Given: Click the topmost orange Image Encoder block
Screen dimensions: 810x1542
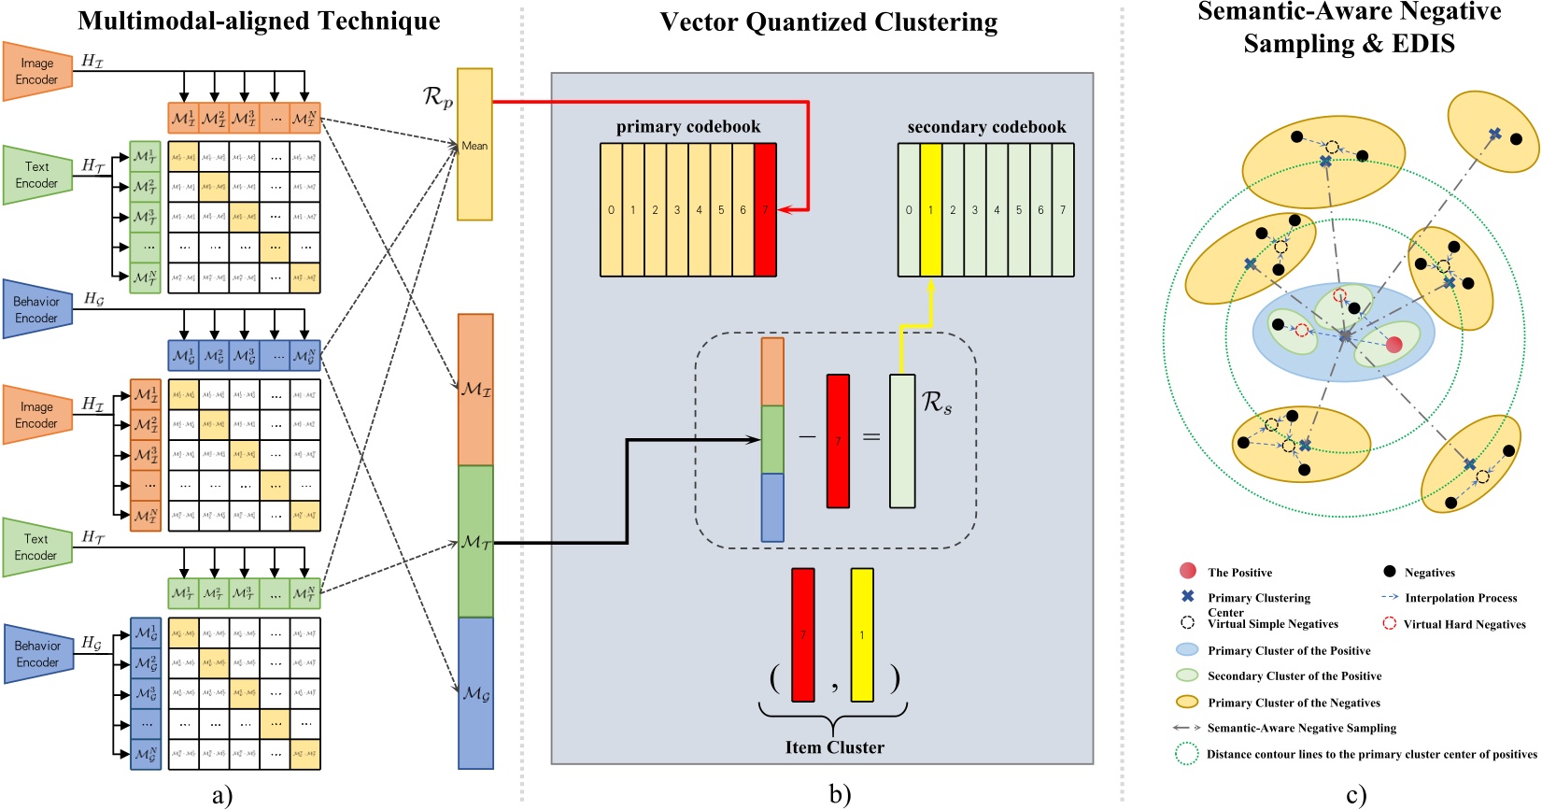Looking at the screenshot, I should tap(37, 71).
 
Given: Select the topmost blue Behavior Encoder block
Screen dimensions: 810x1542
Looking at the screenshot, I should tap(37, 309).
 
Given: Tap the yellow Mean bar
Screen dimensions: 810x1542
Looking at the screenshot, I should tap(474, 145).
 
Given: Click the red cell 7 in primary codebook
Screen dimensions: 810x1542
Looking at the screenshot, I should tap(765, 210).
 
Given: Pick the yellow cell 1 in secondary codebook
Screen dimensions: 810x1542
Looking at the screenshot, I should tap(930, 210).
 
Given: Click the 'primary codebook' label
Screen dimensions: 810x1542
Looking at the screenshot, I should tap(688, 127).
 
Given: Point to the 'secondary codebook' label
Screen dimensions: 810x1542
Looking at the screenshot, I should tap(986, 127).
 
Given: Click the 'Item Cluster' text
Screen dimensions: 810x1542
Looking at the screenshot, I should tap(834, 747).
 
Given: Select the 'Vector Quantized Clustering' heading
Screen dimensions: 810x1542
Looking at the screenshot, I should tap(828, 22).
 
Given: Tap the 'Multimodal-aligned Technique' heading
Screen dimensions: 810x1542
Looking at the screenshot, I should tap(259, 21).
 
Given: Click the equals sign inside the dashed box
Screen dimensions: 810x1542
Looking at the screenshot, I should tap(870, 437).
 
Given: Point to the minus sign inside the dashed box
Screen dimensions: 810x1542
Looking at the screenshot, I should tap(806, 437).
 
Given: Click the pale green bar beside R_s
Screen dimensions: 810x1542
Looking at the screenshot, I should tap(902, 441).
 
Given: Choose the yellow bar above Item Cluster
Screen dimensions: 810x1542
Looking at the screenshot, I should tap(862, 635).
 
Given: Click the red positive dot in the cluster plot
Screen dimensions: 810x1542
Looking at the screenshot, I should tap(1393, 345).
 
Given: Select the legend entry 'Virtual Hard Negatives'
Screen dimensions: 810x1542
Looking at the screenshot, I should tap(1464, 624).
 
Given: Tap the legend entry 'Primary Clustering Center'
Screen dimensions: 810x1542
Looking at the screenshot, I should tap(1258, 598).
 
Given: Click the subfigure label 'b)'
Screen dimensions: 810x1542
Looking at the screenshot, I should tap(840, 795).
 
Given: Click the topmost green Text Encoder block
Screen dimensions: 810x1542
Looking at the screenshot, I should tap(37, 175).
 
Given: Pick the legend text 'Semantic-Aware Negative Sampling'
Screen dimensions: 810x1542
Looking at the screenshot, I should tap(1301, 728).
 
